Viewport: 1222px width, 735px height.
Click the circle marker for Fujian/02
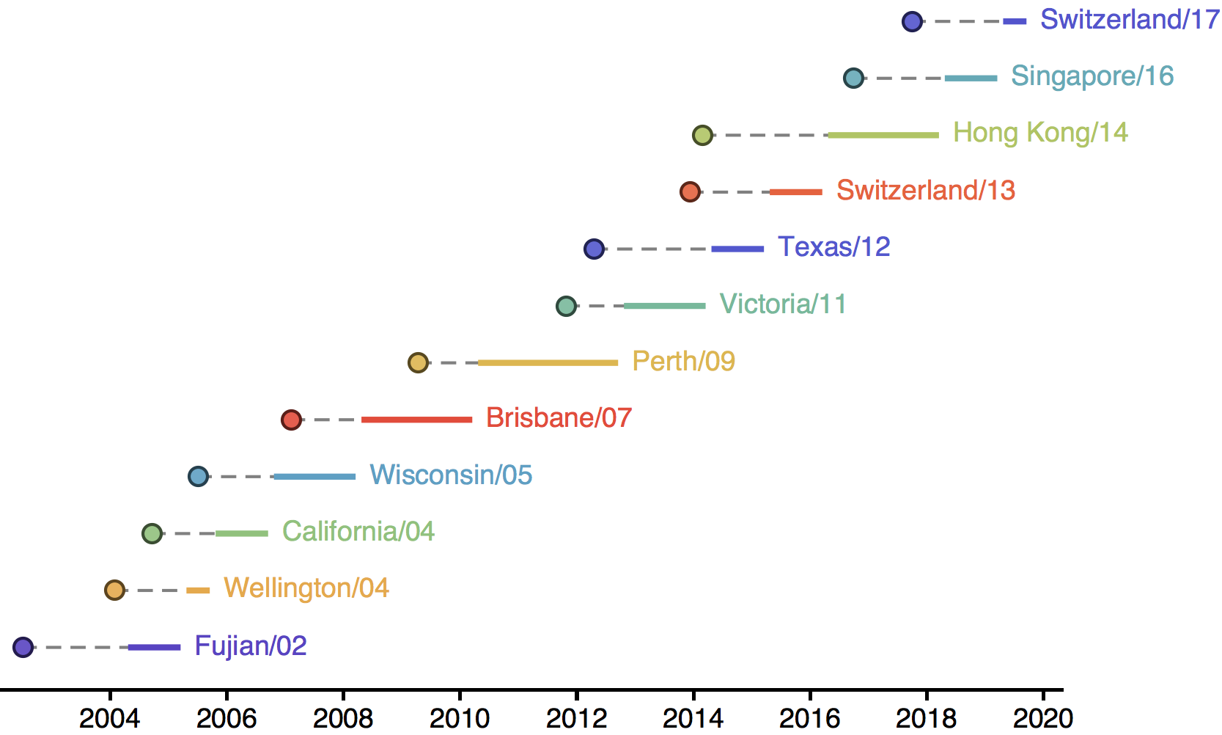point(23,647)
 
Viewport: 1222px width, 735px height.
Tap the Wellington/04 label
point(306,588)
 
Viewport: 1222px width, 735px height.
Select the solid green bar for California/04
point(242,533)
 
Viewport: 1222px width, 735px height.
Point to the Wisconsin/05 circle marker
point(198,477)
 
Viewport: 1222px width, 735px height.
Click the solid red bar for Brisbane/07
point(416,420)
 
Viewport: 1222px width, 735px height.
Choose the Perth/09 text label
point(683,361)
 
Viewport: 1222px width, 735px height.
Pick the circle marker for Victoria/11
point(566,306)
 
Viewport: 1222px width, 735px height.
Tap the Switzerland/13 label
point(925,191)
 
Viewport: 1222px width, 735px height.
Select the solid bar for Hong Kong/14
point(883,135)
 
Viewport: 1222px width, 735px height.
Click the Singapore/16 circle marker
point(853,78)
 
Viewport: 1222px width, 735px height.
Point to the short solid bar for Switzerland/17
point(1015,22)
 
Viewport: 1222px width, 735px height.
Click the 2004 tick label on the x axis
point(110,717)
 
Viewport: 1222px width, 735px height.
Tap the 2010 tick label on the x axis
point(460,717)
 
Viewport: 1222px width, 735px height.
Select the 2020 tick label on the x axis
point(1042,717)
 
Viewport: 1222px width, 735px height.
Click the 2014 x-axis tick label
point(693,717)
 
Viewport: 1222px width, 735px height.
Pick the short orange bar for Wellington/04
point(198,590)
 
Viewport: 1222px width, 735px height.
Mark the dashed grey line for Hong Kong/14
point(770,135)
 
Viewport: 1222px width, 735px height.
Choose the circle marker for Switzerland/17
point(912,22)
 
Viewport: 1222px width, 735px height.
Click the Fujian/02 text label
point(250,646)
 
